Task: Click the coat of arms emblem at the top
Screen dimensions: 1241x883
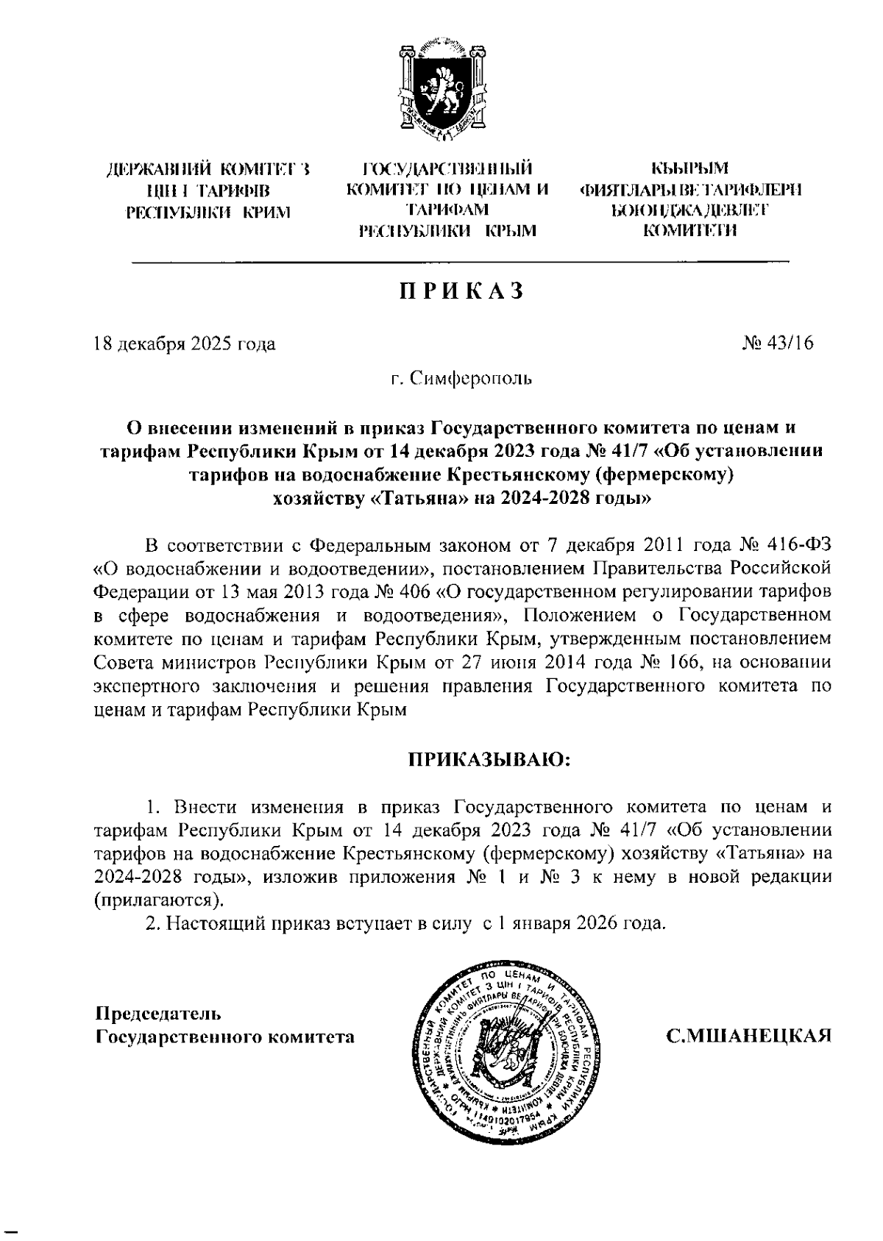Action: (442, 89)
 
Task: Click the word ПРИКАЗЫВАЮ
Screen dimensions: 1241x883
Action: (489, 758)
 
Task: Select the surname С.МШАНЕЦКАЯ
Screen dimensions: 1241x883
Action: (748, 1036)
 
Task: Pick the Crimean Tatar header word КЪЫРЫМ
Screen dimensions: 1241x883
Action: (690, 170)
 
